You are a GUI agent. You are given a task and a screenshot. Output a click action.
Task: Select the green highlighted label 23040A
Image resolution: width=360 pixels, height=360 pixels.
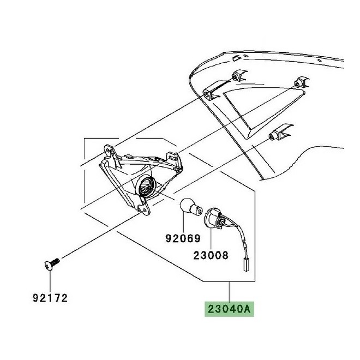point(229,309)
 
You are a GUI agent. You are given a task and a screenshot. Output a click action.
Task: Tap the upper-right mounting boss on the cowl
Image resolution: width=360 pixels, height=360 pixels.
point(301,82)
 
